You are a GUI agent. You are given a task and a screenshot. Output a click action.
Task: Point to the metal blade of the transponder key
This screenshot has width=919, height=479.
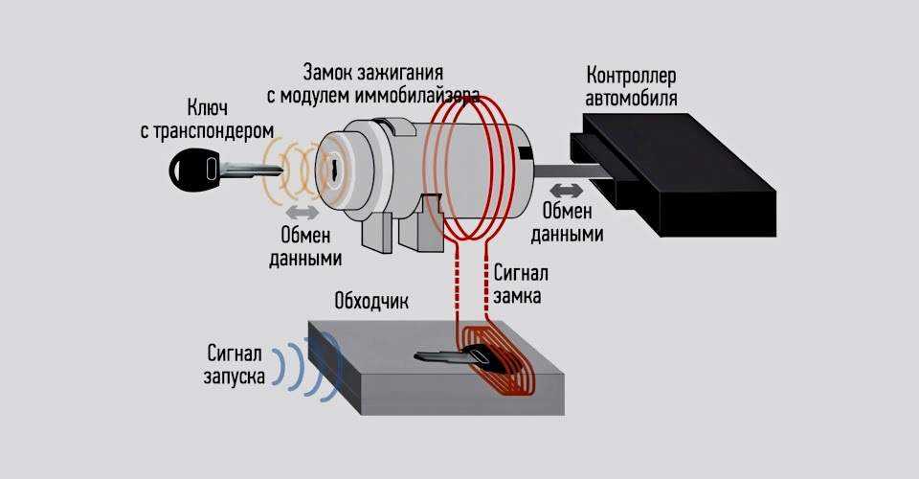pos(251,172)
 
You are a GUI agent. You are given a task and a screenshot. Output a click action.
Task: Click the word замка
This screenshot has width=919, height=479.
pos(519,297)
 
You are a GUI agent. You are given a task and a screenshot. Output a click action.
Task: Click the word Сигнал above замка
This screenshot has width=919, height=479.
pos(523,273)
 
